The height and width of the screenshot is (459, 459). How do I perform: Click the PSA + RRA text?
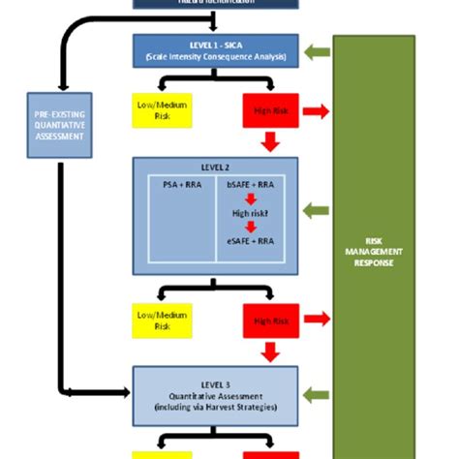coord(176,181)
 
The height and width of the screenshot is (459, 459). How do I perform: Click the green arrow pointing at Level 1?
coord(316,53)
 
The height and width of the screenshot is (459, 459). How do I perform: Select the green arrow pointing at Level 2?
coord(316,209)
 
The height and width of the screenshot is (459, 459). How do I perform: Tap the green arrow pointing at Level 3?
coord(316,391)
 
